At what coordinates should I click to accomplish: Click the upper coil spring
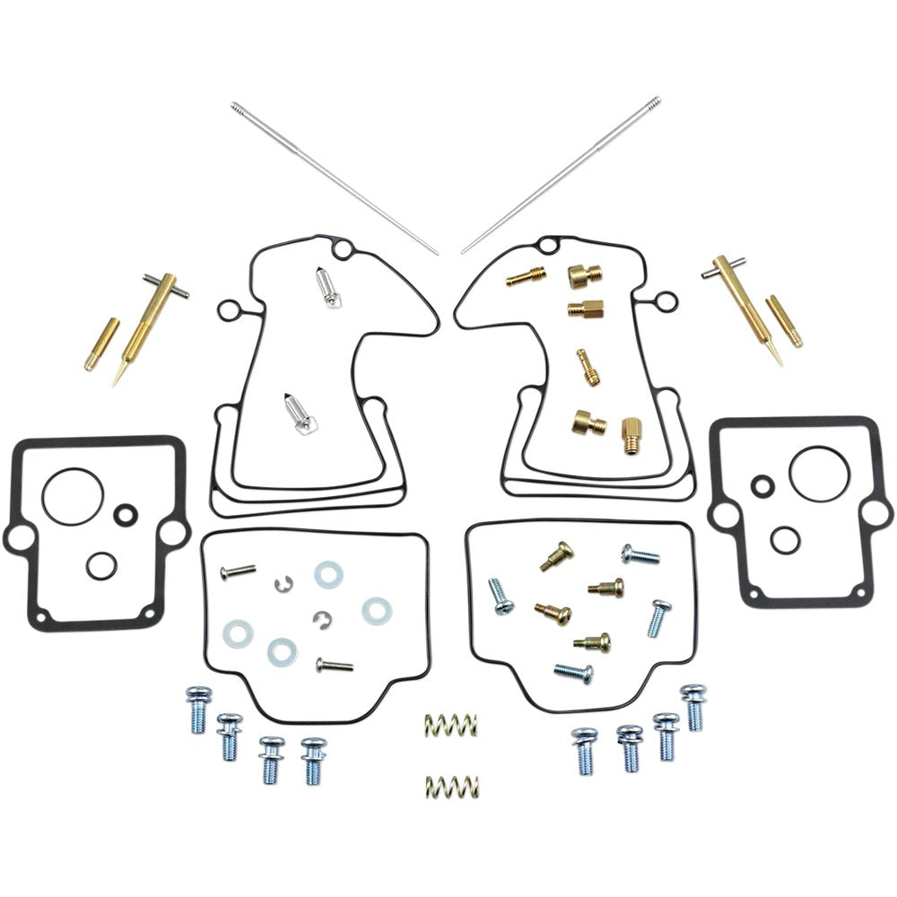(x=450, y=724)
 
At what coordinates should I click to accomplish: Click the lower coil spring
(x=451, y=787)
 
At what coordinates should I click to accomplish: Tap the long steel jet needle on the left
(x=334, y=179)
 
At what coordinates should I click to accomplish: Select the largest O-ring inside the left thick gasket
(x=72, y=496)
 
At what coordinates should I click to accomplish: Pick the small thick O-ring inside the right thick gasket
(x=762, y=486)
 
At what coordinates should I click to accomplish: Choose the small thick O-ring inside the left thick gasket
(x=126, y=514)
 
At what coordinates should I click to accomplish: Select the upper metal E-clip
(x=284, y=584)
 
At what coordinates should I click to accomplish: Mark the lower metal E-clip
(x=322, y=619)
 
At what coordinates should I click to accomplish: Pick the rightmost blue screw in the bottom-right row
(x=693, y=706)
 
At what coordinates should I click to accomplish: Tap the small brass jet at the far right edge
(x=784, y=320)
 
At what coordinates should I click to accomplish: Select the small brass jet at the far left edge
(x=101, y=344)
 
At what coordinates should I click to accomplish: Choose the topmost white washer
(x=327, y=574)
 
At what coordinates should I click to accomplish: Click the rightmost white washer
(x=377, y=612)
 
